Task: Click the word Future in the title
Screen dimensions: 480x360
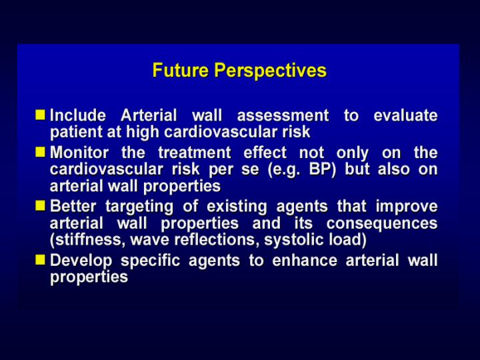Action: click(x=181, y=70)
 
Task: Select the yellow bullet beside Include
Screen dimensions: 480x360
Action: click(x=40, y=115)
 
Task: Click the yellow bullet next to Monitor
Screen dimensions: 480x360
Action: click(x=40, y=152)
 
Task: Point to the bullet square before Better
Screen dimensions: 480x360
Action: click(x=40, y=206)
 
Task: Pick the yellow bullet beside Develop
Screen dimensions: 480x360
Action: click(x=40, y=260)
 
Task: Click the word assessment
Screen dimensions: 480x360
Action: click(x=283, y=116)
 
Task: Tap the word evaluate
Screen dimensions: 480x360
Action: click(x=405, y=115)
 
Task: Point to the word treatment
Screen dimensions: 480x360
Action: click(x=195, y=153)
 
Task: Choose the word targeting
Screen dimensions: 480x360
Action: click(x=139, y=207)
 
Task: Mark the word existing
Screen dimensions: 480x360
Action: click(x=237, y=207)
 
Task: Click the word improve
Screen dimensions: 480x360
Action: click(x=407, y=207)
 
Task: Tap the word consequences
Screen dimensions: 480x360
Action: click(x=382, y=224)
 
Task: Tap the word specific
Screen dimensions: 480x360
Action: click(x=150, y=261)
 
